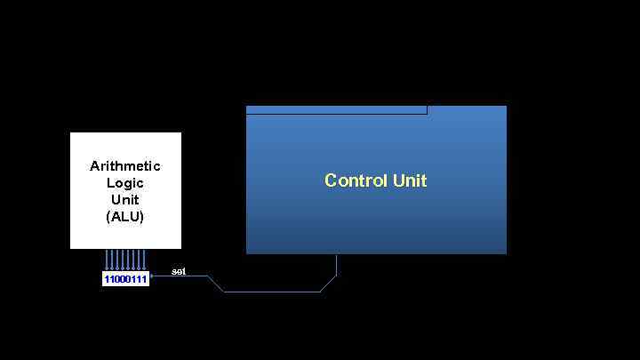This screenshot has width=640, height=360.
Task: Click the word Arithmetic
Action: [x=125, y=166]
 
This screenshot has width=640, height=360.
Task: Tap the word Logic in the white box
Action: [x=125, y=183]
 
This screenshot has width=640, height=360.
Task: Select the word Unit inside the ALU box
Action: [x=125, y=199]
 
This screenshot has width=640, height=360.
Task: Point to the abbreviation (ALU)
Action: [x=125, y=216]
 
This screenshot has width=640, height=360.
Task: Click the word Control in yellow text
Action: [x=356, y=180]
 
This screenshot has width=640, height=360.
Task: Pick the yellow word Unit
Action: [x=410, y=180]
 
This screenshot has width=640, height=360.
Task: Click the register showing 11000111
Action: [x=125, y=279]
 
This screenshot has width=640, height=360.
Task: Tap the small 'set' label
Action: [x=178, y=270]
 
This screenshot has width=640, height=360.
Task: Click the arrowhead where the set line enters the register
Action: [x=153, y=277]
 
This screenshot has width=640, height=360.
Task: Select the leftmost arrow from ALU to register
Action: [x=107, y=260]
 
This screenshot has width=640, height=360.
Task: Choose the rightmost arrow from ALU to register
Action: [x=144, y=260]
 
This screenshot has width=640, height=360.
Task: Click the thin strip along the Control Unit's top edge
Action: [x=336, y=110]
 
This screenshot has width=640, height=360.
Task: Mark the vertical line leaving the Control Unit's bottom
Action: [x=337, y=264]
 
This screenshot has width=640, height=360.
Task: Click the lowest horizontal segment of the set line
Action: [x=271, y=292]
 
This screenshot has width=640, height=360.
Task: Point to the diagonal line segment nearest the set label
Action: [x=215, y=284]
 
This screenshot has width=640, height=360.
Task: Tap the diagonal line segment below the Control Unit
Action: [x=328, y=283]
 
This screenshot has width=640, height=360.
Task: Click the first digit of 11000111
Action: [x=107, y=279]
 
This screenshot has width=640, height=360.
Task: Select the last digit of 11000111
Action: [x=144, y=279]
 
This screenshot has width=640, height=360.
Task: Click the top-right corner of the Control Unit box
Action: [x=506, y=107]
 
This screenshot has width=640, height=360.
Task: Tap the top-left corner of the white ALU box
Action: [x=72, y=134]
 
